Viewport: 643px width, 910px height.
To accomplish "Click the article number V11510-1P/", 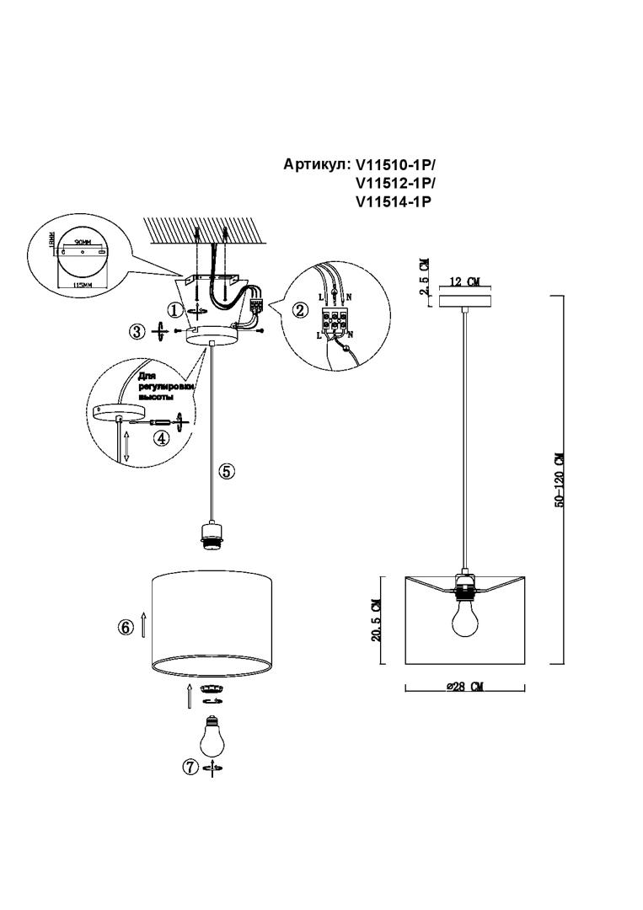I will click(396, 164).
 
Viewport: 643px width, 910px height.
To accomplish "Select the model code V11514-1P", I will click(394, 201).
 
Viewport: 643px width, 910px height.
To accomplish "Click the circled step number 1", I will click(174, 310).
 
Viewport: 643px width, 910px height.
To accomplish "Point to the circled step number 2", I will click(300, 309).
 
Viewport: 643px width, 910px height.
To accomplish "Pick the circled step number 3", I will click(137, 332).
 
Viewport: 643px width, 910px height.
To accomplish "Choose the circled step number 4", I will click(159, 437).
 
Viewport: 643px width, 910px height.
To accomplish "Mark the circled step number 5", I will click(227, 471).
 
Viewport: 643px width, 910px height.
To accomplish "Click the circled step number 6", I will click(126, 627).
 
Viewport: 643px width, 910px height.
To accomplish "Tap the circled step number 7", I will click(190, 767).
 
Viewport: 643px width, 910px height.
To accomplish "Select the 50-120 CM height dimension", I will click(558, 480).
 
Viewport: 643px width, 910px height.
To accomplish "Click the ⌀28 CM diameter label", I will click(464, 688).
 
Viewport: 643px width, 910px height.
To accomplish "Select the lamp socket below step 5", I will click(209, 536).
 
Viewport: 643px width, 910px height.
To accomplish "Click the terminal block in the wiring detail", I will click(335, 321).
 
